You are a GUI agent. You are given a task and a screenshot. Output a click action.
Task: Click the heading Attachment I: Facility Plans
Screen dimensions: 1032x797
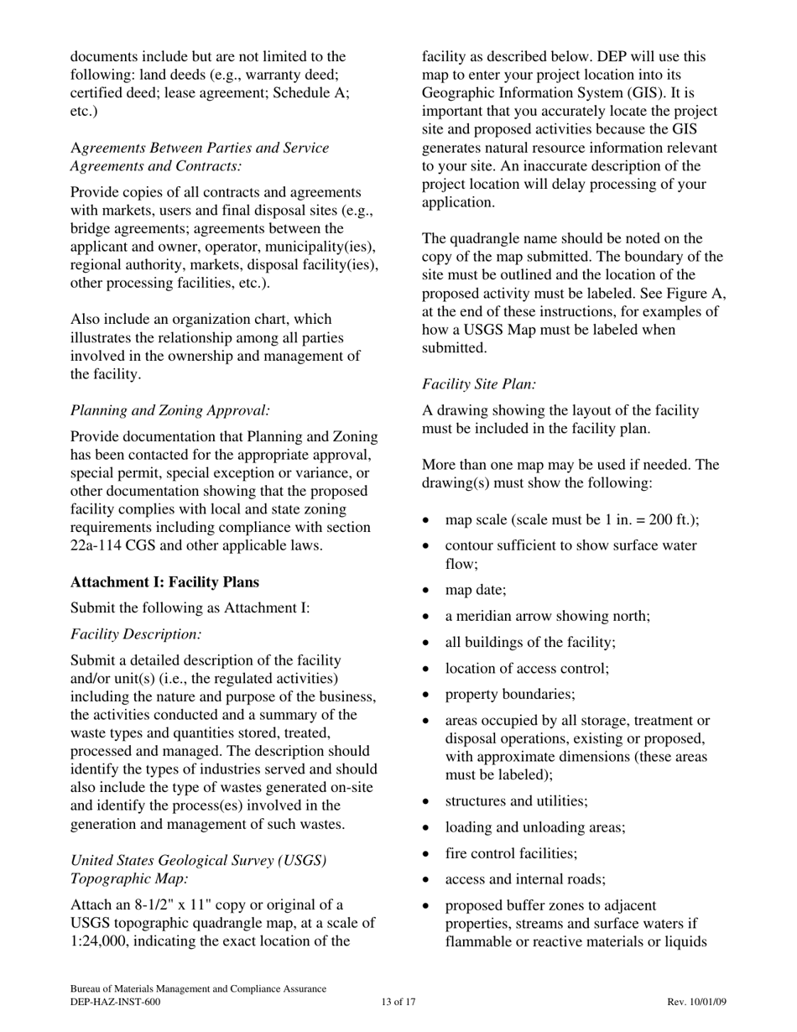165,582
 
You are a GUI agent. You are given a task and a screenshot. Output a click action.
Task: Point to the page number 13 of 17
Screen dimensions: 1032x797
398,1002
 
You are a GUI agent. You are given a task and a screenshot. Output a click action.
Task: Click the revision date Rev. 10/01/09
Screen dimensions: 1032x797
697,1002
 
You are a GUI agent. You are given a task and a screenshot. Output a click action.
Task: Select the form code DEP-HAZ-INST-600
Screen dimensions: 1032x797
115,1002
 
